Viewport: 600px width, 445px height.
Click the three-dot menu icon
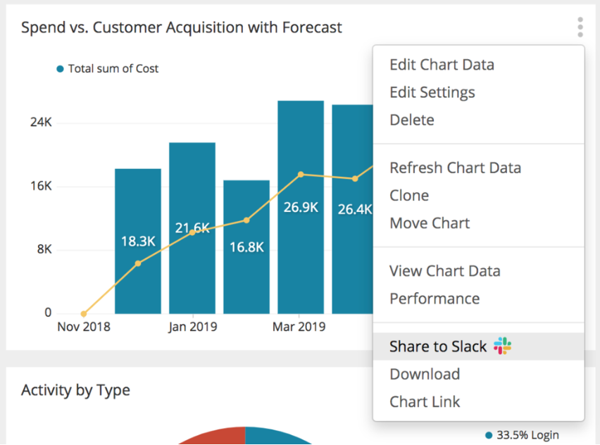click(x=580, y=27)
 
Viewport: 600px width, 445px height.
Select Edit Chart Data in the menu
click(x=442, y=65)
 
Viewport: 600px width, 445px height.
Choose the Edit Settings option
click(x=432, y=93)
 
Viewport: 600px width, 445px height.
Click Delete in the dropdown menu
click(x=412, y=120)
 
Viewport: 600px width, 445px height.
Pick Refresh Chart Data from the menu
click(x=456, y=168)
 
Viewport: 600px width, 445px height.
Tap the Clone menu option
click(x=409, y=196)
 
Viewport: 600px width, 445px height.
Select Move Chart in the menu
click(x=430, y=223)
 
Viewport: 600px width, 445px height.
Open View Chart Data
click(x=444, y=271)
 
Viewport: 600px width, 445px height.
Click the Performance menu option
click(x=435, y=299)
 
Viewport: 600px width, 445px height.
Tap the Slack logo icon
click(x=502, y=346)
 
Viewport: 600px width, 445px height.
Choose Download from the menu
click(x=425, y=374)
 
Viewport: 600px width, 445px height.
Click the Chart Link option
click(x=425, y=402)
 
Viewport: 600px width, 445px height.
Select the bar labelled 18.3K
click(x=138, y=241)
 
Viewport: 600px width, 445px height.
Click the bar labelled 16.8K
click(x=246, y=247)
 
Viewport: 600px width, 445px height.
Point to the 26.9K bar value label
click(x=301, y=208)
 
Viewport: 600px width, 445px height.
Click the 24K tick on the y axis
click(x=41, y=122)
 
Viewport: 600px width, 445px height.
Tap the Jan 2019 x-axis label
click(x=192, y=327)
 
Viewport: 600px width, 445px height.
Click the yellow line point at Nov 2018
click(x=83, y=314)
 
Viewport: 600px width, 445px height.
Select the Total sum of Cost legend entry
click(x=108, y=69)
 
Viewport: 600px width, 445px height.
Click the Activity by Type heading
click(x=76, y=390)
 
